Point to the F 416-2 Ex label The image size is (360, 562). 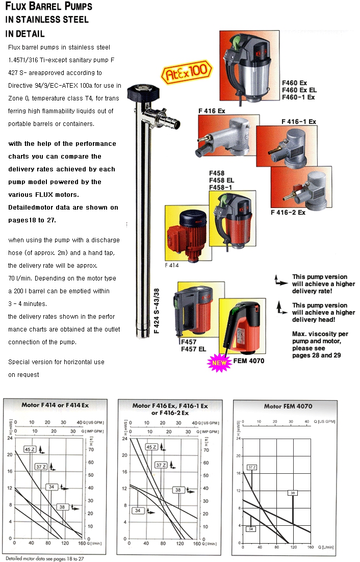(x=288, y=212)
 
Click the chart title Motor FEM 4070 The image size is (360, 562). (x=288, y=406)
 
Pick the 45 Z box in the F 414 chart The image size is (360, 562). (x=30, y=449)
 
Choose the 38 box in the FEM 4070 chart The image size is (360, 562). (x=292, y=493)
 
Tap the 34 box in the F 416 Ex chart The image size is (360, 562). (x=138, y=510)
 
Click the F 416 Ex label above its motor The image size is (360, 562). (x=212, y=110)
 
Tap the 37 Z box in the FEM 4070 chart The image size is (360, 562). (x=251, y=467)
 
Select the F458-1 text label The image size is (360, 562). (x=220, y=188)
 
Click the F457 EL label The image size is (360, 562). (x=194, y=349)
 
